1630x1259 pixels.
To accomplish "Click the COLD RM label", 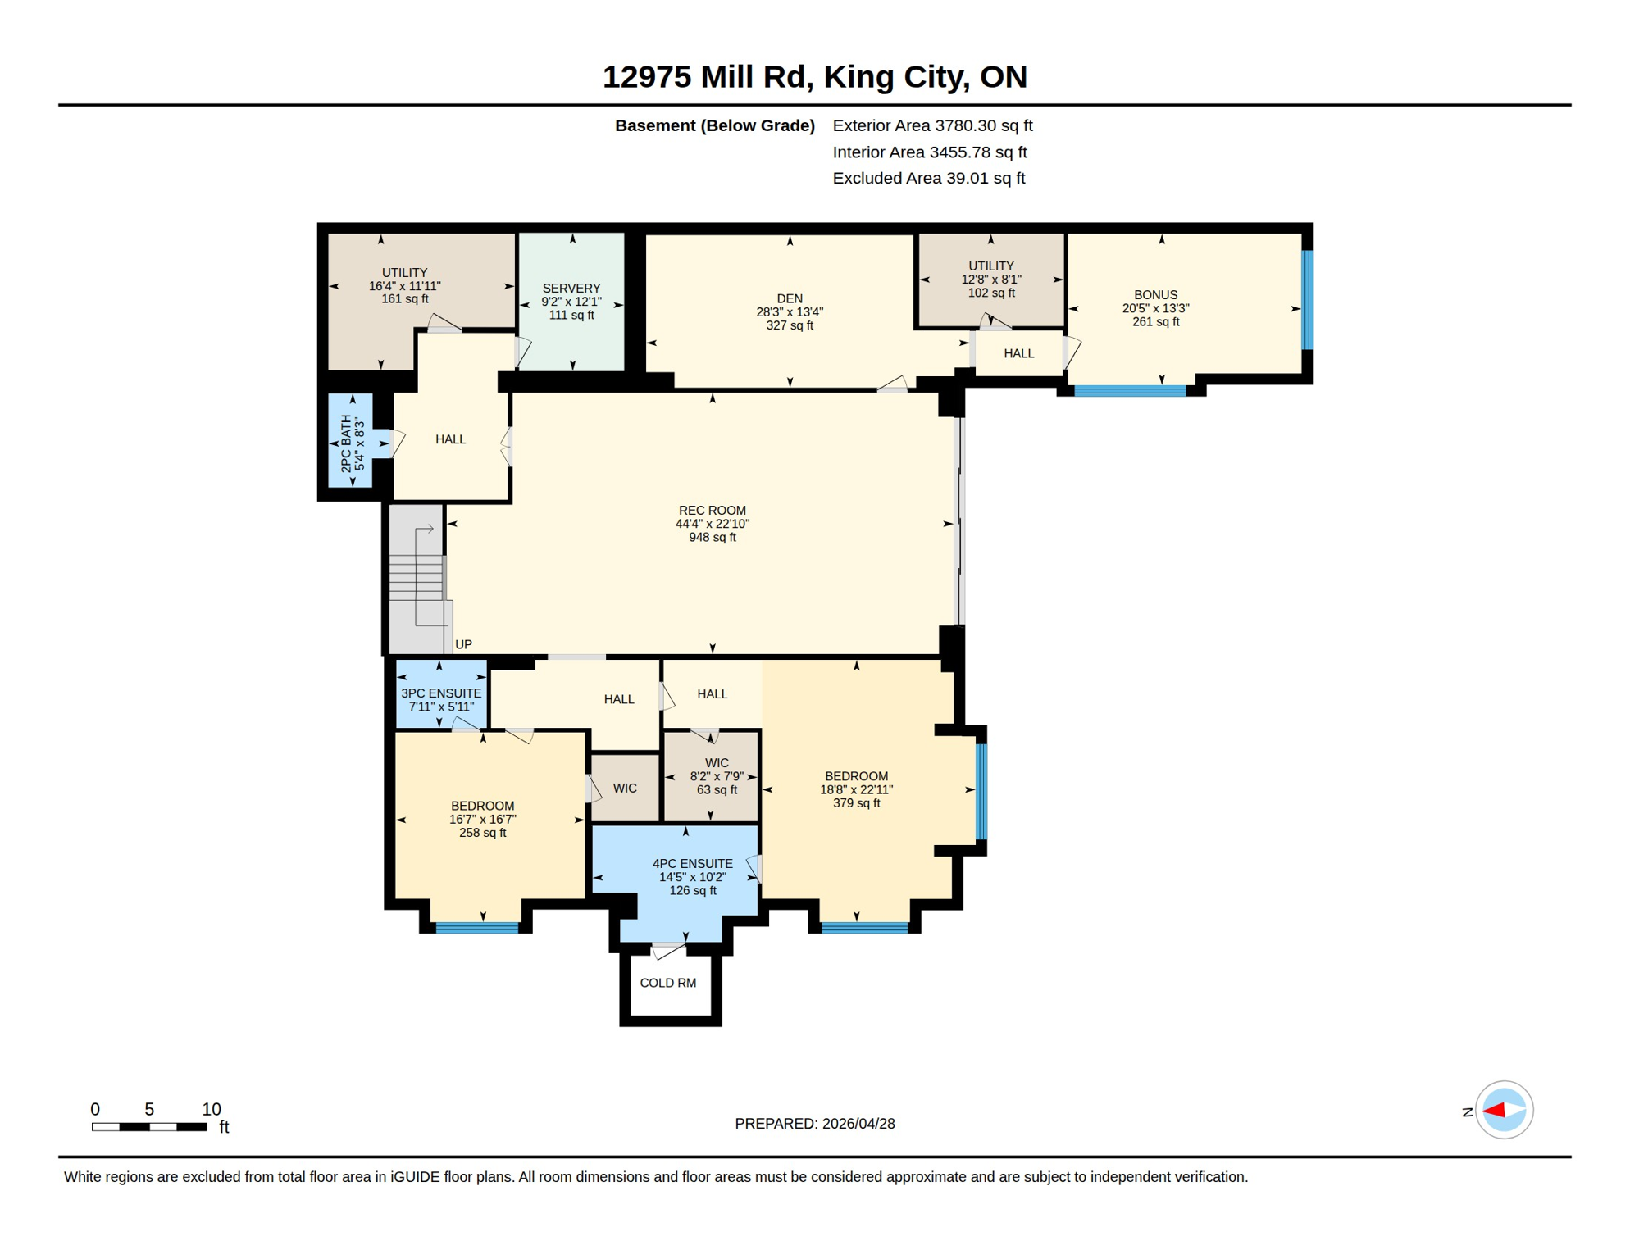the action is click(x=667, y=983).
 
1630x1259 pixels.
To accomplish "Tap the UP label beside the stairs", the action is click(x=463, y=644).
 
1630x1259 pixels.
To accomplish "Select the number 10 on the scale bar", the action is click(x=212, y=1109).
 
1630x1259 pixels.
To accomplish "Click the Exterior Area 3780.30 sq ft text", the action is click(x=932, y=125).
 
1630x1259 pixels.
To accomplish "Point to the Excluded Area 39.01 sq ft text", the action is click(x=928, y=178).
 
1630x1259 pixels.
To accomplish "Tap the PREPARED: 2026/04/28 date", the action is click(x=814, y=1124).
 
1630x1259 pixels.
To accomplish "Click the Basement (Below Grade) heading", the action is click(x=714, y=125).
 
